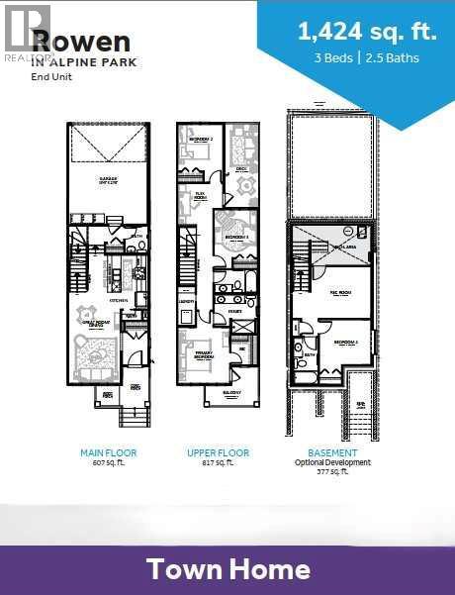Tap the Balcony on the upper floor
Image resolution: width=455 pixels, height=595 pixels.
pos(231,393)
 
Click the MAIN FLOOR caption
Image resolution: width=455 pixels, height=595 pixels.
pos(109,452)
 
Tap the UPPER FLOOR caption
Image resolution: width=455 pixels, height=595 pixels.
pos(218,452)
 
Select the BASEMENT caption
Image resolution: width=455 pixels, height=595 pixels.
pos(331,452)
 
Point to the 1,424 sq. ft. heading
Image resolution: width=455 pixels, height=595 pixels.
pos(367,32)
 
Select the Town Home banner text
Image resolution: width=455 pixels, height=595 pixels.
pos(227,569)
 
